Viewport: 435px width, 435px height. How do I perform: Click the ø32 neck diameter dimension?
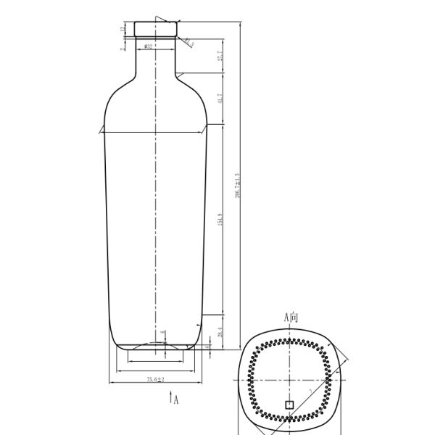(x=148, y=46)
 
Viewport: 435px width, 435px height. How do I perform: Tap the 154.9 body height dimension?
(x=219, y=218)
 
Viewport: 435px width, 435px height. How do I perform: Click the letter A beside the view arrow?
(x=175, y=398)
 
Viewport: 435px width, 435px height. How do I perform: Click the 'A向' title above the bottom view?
(x=291, y=318)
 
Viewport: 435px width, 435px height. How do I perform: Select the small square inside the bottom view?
(x=289, y=405)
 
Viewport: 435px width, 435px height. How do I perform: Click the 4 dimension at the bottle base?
(x=210, y=347)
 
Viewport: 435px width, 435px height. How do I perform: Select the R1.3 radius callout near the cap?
(x=188, y=42)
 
